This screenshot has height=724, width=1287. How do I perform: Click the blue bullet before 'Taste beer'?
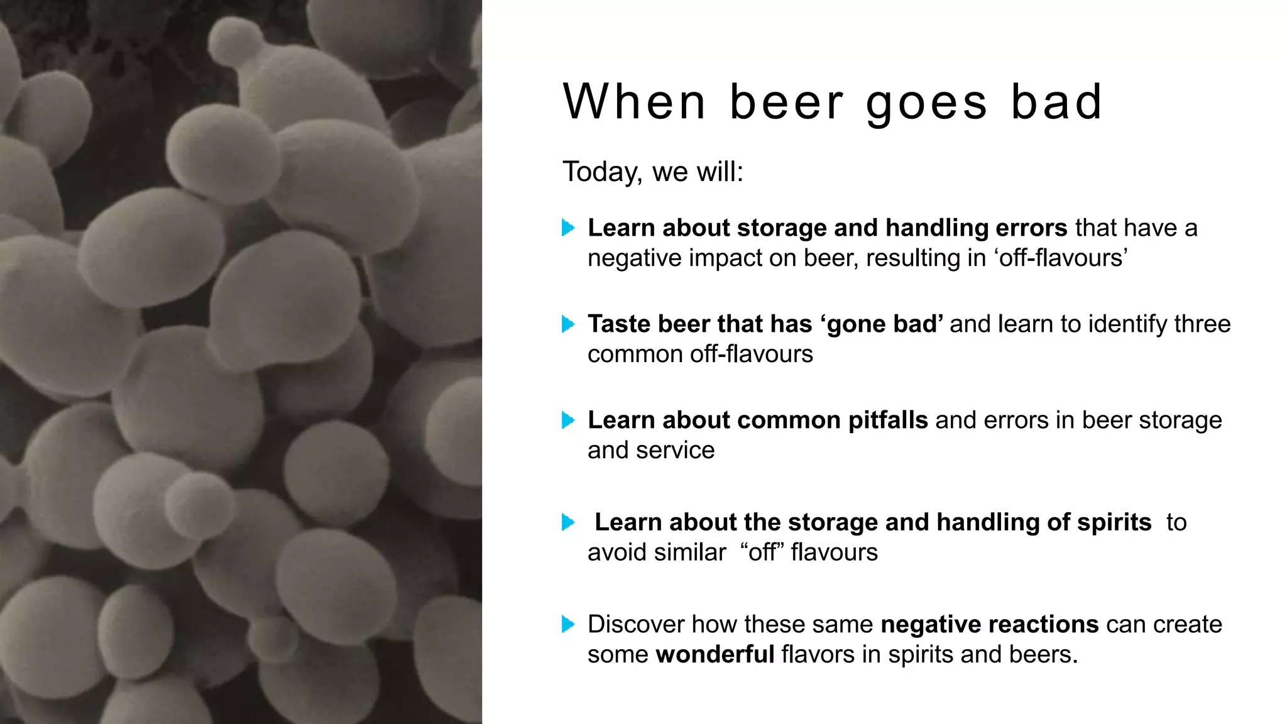[568, 324]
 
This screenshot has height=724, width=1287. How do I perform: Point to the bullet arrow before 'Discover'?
[568, 624]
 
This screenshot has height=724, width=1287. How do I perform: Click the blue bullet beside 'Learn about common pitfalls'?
[568, 420]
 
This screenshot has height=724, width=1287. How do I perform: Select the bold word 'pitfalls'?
[888, 420]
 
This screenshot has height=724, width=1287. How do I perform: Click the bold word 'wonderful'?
[715, 655]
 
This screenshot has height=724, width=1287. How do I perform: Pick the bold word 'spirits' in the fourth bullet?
[1114, 522]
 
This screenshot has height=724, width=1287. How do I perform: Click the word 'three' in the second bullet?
[1203, 324]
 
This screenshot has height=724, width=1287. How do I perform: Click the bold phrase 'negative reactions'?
[990, 625]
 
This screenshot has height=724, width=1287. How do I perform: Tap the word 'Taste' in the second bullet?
[619, 324]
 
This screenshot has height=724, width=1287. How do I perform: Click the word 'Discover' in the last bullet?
[636, 625]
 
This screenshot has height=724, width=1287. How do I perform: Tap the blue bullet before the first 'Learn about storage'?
[568, 228]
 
